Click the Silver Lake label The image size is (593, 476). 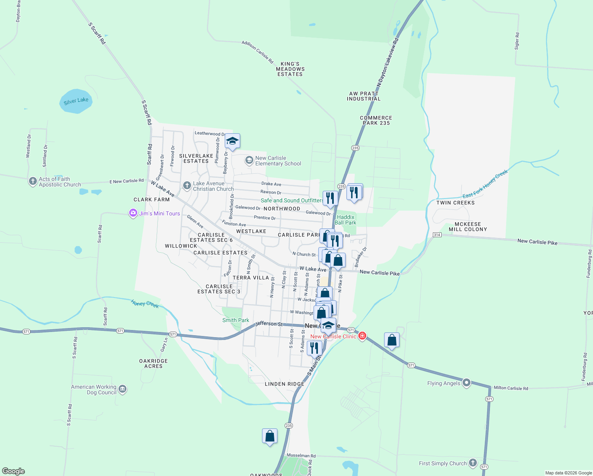point(76,101)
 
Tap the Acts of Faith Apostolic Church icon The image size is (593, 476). point(33,182)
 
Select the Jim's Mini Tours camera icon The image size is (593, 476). point(133,213)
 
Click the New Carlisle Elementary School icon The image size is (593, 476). point(249,160)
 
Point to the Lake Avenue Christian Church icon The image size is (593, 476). point(187,186)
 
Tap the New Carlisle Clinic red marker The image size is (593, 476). point(362,336)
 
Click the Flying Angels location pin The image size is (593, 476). point(467,383)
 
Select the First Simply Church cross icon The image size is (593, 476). point(472,463)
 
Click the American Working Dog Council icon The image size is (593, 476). point(122,389)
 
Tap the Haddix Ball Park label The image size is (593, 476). point(346,220)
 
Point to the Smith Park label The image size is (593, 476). point(236,320)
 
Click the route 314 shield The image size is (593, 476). point(437,235)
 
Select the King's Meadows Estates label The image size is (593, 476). point(290,69)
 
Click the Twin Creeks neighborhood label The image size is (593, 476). point(455,203)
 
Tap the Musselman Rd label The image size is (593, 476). point(301,456)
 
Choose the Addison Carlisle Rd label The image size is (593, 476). point(258,52)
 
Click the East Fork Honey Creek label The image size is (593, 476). point(485,184)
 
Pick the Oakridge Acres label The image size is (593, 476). point(153,363)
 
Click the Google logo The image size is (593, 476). point(13,471)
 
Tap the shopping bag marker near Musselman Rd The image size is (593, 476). point(270,436)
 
